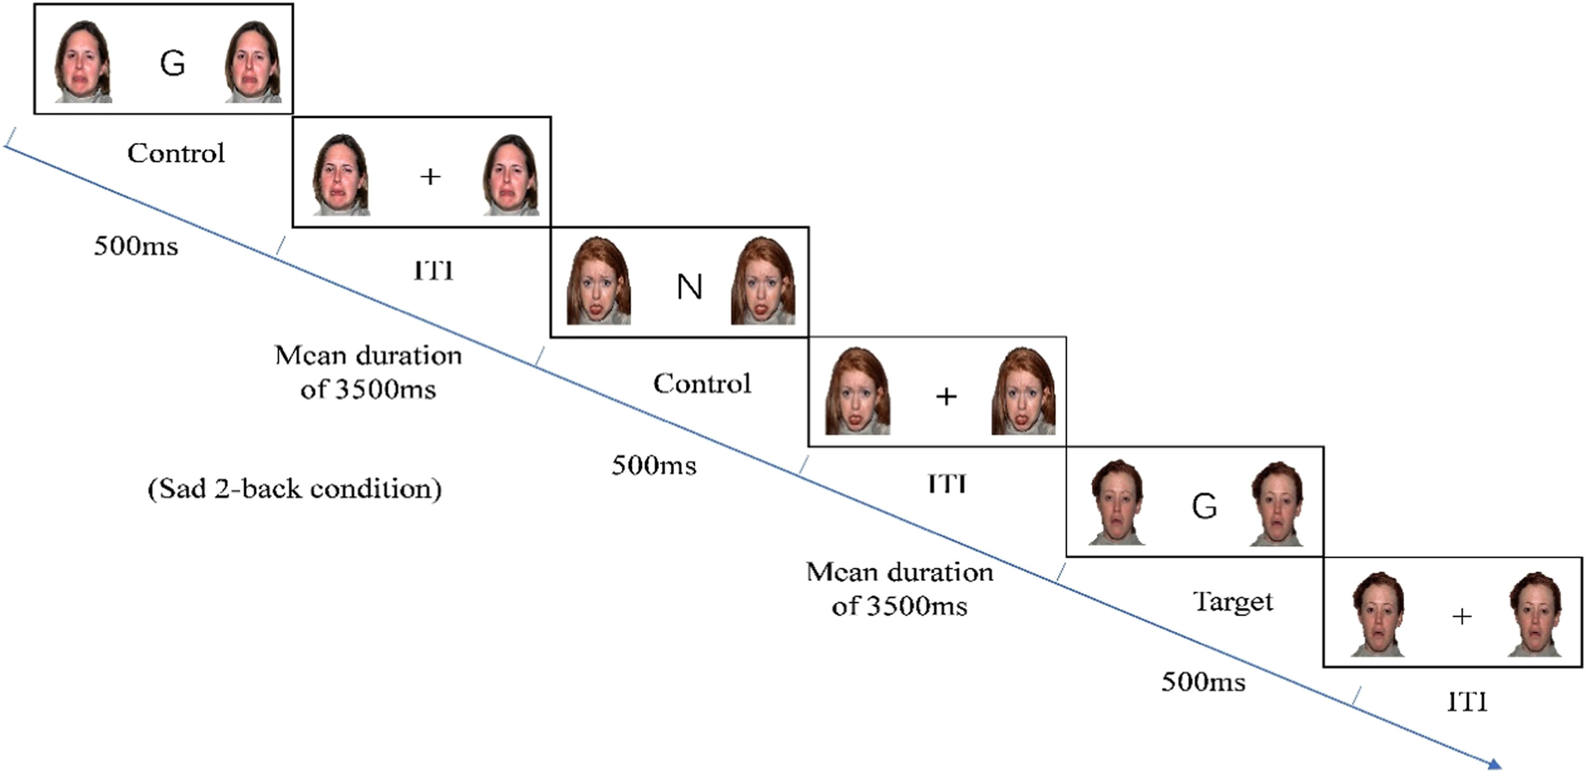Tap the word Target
coord(1233,601)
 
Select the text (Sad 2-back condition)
coord(294,489)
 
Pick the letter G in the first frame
coord(172,63)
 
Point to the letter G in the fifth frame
coord(1204,506)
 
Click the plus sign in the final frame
coord(1462,616)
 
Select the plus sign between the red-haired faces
coord(946,396)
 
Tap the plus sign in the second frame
coord(430,176)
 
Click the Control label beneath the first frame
coord(176,153)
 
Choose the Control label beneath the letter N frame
coord(702,384)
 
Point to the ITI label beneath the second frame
coord(434,271)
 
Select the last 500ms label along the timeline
coord(1203,682)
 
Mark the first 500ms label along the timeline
coord(135,246)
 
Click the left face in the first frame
coord(82,61)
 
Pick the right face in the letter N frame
coord(763,282)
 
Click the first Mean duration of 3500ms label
coord(368,372)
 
